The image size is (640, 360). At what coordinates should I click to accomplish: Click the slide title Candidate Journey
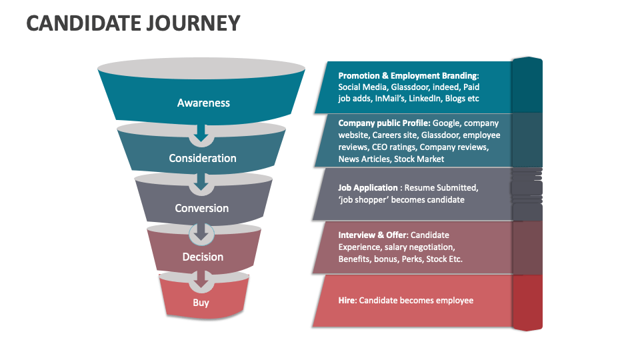[133, 23]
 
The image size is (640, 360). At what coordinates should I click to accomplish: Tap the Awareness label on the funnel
[203, 103]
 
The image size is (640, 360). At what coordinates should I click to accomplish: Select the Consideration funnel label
[202, 158]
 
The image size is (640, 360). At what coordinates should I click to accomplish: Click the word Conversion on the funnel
[201, 208]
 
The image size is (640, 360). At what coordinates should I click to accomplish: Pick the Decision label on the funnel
[203, 257]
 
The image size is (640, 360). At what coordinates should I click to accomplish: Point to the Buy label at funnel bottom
[201, 303]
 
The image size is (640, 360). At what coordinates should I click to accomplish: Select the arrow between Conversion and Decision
[201, 233]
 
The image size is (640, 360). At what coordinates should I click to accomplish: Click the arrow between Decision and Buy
[201, 281]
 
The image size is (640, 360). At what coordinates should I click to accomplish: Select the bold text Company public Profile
[383, 123]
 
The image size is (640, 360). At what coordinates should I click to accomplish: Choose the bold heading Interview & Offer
[373, 235]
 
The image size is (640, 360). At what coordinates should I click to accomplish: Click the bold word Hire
[347, 301]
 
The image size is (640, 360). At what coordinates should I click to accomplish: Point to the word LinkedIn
[423, 99]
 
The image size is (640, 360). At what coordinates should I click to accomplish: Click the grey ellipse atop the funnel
[201, 68]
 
